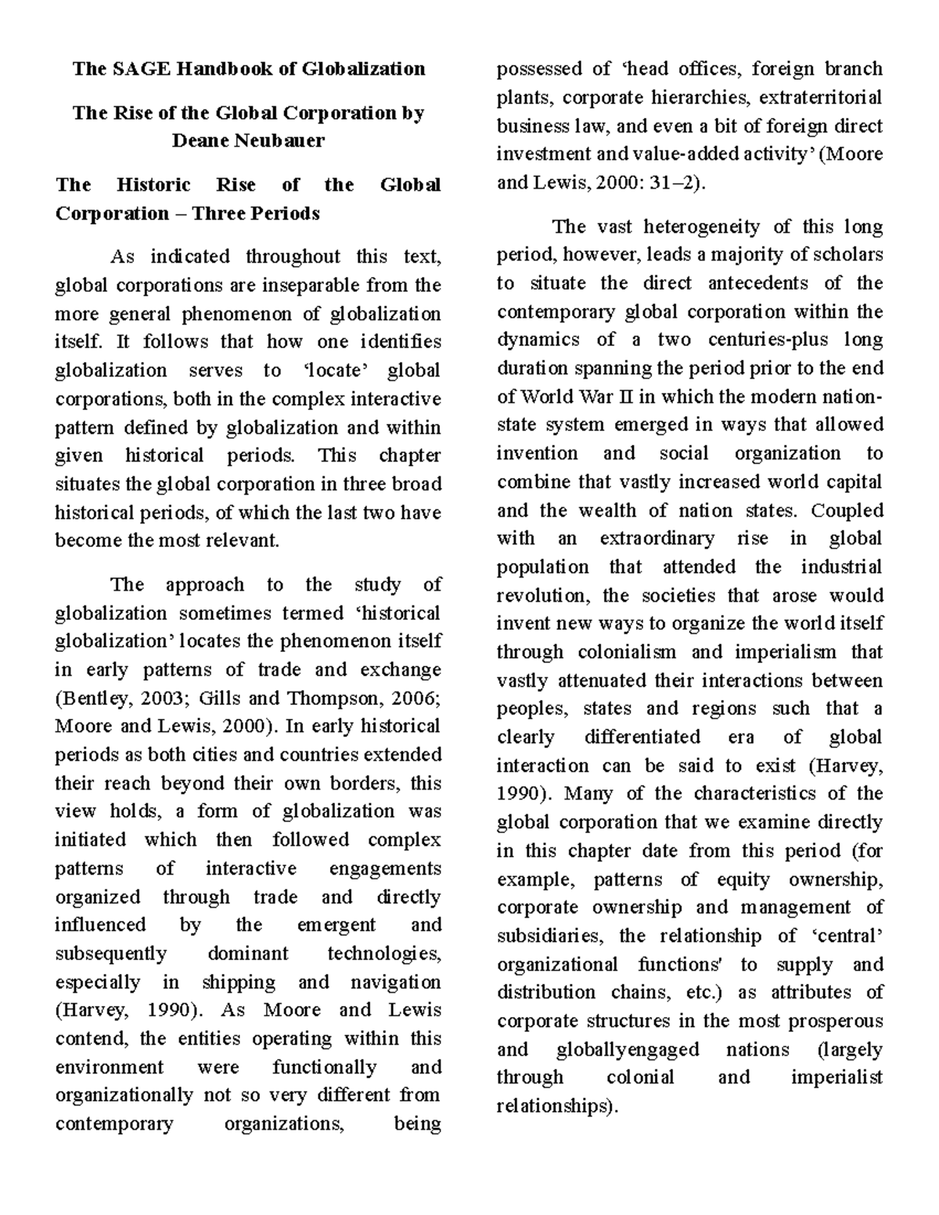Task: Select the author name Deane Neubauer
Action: tap(248, 141)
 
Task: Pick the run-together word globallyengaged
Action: tap(628, 1049)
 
